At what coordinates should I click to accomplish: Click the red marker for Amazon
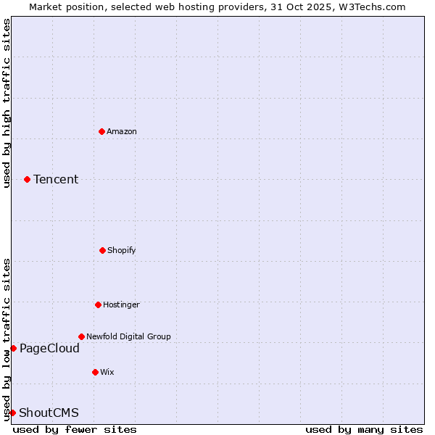101,131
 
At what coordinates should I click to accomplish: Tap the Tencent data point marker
27,179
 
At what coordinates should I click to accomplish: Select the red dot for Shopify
102,250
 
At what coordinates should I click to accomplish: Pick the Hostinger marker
98,304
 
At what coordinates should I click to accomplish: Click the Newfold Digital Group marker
81,336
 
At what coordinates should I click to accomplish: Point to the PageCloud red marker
13,348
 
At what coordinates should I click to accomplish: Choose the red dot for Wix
95,372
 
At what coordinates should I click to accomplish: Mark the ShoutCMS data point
12,413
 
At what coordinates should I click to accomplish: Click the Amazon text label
122,131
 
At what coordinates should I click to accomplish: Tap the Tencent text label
56,179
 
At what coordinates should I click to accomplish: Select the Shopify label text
122,250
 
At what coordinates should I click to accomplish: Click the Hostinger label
121,304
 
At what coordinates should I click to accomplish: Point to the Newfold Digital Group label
128,336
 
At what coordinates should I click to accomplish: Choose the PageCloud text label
49,348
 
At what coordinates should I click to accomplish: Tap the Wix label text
107,372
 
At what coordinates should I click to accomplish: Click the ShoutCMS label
49,413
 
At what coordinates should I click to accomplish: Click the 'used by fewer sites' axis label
75,429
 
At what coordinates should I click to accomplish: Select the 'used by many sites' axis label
364,429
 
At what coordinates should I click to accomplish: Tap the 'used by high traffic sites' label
7,103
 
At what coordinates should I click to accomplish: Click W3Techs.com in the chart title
369,7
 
